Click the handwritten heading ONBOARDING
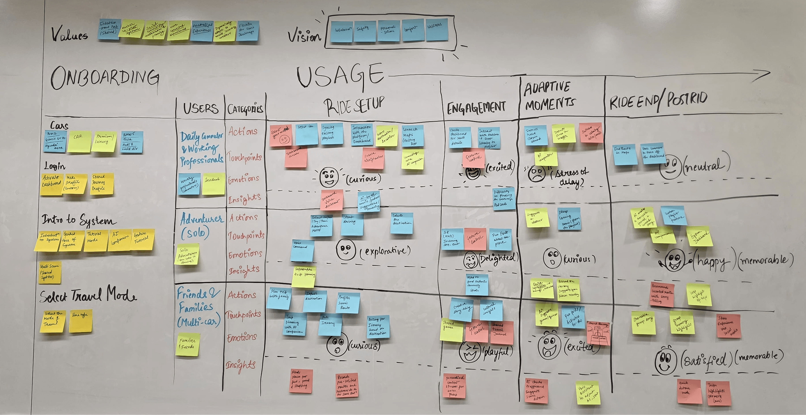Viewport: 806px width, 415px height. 105,78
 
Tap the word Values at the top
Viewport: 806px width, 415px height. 69,34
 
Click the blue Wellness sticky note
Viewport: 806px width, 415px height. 436,30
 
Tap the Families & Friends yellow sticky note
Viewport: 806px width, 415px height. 187,344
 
